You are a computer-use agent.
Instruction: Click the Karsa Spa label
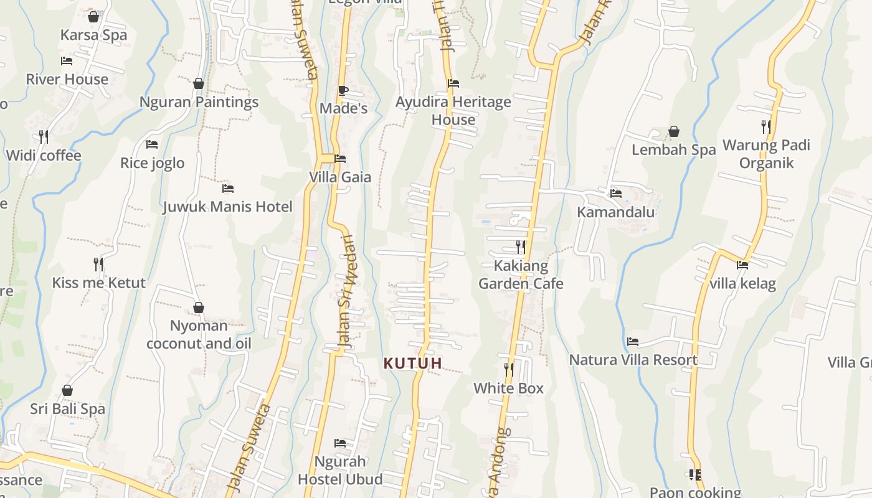[x=93, y=35]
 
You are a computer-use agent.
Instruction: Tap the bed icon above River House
[x=67, y=61]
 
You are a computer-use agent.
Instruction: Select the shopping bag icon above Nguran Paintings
[x=199, y=83]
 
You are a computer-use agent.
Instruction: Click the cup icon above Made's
[x=343, y=90]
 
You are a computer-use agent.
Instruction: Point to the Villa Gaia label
[x=340, y=177]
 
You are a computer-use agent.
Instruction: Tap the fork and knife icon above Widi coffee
[x=44, y=136]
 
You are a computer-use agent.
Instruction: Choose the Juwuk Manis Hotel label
[x=227, y=207]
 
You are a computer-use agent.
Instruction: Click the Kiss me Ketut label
[x=98, y=283]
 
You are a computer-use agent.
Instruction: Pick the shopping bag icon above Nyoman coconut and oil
[x=199, y=308]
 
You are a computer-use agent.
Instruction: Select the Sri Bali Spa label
[x=67, y=409]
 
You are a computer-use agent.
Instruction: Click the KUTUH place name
[x=413, y=363]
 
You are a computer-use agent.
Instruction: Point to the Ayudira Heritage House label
[x=453, y=110]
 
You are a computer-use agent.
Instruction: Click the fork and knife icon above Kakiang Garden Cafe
[x=521, y=247]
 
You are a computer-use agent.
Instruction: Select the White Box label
[x=508, y=388]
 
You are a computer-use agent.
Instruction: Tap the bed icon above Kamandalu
[x=616, y=194]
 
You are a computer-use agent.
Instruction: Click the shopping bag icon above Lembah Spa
[x=673, y=131]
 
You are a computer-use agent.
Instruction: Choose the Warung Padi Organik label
[x=766, y=154]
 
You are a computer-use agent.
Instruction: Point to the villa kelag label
[x=742, y=284]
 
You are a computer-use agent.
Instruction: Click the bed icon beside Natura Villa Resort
[x=633, y=342]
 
